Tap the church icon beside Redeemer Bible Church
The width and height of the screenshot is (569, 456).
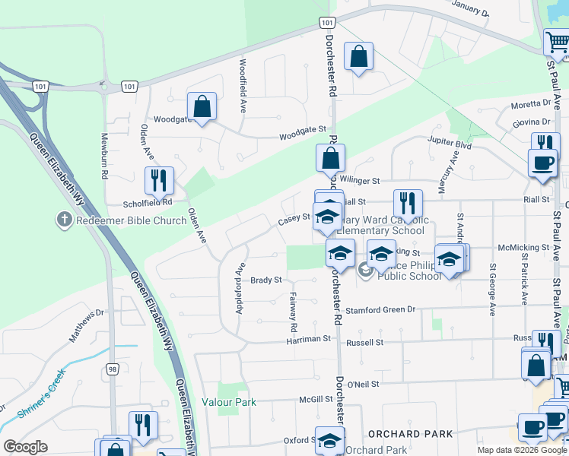coord(65,220)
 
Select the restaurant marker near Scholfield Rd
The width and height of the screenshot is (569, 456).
coord(159,181)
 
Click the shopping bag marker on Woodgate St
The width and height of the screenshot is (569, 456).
coord(202,107)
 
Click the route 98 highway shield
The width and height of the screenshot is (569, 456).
coord(113,369)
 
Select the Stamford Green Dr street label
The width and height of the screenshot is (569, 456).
coord(380,310)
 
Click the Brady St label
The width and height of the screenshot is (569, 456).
coord(266,280)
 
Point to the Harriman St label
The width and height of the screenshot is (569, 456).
coord(310,338)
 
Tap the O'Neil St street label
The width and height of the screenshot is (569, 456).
coord(363,385)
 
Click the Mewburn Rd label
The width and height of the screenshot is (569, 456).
coord(104,157)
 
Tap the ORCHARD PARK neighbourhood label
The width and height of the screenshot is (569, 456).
coord(410,434)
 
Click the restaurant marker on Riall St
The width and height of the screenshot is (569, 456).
coord(408,204)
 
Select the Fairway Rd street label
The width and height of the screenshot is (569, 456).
coord(293,312)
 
